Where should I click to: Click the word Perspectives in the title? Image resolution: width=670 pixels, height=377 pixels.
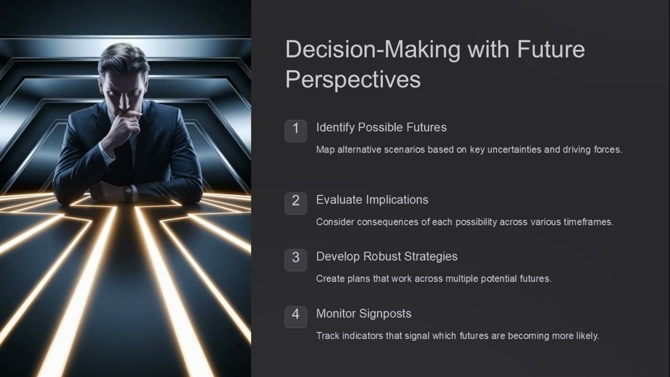click(353, 80)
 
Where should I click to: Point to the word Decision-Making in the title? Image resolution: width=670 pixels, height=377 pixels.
click(373, 50)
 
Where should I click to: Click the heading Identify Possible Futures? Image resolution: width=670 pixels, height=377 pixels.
click(381, 127)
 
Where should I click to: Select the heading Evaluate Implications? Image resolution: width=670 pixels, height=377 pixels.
click(372, 199)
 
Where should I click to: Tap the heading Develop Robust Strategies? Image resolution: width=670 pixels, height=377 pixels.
click(387, 256)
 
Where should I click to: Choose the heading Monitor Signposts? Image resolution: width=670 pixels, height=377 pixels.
click(364, 314)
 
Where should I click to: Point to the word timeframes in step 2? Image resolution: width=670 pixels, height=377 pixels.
click(588, 222)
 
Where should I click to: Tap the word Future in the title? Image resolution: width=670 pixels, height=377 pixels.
click(551, 50)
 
